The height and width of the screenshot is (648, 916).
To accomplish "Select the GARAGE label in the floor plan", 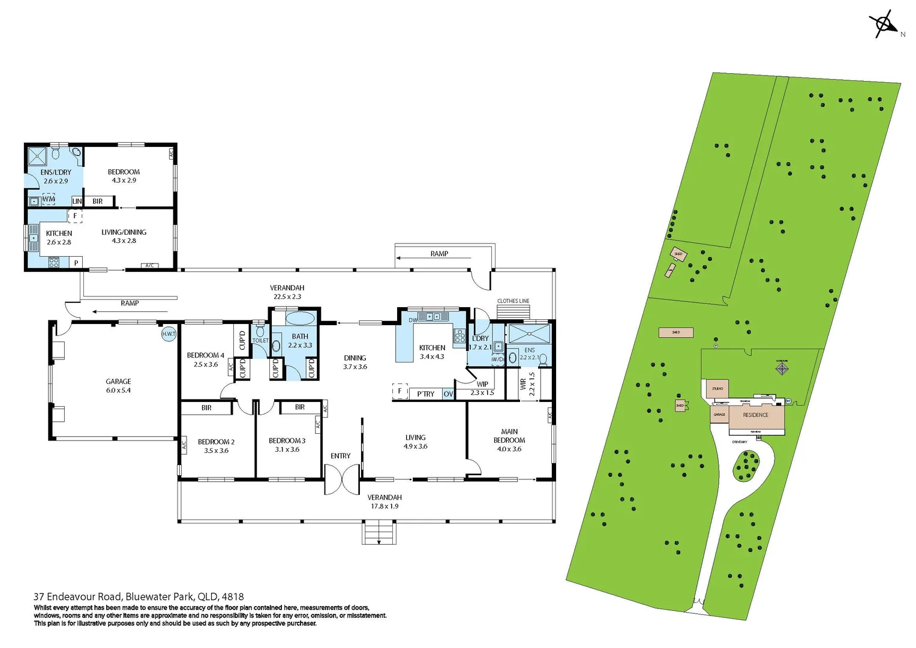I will pyautogui.click(x=118, y=382).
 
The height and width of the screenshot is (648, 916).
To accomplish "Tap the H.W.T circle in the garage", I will pyautogui.click(x=168, y=334).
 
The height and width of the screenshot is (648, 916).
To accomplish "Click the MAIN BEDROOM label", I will pyautogui.click(x=509, y=436).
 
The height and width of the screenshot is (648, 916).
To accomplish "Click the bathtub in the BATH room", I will pyautogui.click(x=300, y=318).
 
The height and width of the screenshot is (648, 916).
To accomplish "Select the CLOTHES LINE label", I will pyautogui.click(x=513, y=301).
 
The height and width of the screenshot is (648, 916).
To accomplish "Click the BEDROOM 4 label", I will pyautogui.click(x=205, y=355).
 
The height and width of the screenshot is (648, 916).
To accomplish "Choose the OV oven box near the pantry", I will pyautogui.click(x=448, y=394).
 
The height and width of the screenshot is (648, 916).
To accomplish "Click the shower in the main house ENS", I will pyautogui.click(x=528, y=334).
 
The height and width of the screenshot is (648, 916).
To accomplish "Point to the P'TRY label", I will pyautogui.click(x=425, y=394).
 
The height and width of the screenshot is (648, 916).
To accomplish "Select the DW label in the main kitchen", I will pyautogui.click(x=413, y=320).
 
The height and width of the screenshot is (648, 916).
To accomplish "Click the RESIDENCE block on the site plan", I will pyautogui.click(x=755, y=415).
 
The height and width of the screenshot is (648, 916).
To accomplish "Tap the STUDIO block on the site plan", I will pyautogui.click(x=717, y=389).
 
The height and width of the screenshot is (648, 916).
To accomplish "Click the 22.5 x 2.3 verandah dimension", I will pyautogui.click(x=287, y=296).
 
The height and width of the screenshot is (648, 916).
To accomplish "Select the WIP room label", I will pyautogui.click(x=482, y=385).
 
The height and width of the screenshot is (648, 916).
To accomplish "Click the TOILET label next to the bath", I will pyautogui.click(x=260, y=341).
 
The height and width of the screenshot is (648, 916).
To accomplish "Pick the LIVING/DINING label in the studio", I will pyautogui.click(x=124, y=232).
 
